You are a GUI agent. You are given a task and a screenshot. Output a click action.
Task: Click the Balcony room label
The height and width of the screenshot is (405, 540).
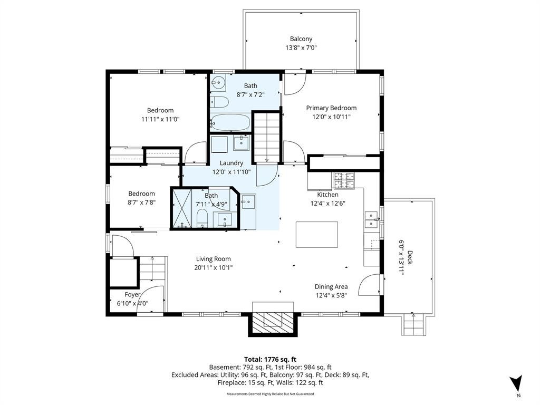pos(301,39)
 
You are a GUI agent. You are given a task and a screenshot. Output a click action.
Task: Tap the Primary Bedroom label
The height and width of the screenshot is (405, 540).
pos(331,108)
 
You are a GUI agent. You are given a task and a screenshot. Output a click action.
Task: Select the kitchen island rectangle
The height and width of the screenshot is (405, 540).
pos(317,235)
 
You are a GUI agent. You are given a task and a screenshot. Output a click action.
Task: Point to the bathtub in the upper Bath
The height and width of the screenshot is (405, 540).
pos(230,122)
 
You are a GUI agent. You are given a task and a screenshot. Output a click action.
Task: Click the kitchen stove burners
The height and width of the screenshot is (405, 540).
pos(343,180)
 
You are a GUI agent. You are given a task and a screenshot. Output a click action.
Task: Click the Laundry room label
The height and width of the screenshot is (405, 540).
pos(232,163)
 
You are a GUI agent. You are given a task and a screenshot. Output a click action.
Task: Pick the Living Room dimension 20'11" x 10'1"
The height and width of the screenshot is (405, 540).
pos(214,267)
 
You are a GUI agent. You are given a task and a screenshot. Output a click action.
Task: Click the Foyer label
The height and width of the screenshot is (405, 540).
pos(132,294)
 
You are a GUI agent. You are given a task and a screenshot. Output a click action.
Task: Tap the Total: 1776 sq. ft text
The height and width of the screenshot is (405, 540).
pos(271,360)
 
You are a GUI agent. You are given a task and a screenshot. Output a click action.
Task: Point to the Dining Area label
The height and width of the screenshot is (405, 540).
pos(331,286)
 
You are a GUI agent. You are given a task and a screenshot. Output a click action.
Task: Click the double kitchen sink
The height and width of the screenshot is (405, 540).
pos(371,220)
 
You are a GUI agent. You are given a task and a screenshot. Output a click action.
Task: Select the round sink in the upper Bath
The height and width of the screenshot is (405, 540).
pos(218,83)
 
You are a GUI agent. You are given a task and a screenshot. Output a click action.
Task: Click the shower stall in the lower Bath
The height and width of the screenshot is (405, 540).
pos(182,208)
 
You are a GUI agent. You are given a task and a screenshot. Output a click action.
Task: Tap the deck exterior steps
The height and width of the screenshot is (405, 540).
pos(413,324)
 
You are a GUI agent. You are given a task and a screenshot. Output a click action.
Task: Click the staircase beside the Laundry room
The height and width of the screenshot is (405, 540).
pos(266,137)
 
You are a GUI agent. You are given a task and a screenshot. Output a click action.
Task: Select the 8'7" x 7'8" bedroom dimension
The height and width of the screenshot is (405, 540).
pos(141,202)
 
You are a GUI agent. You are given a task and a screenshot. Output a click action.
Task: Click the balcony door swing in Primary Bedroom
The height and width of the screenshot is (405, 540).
pos(295,83)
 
